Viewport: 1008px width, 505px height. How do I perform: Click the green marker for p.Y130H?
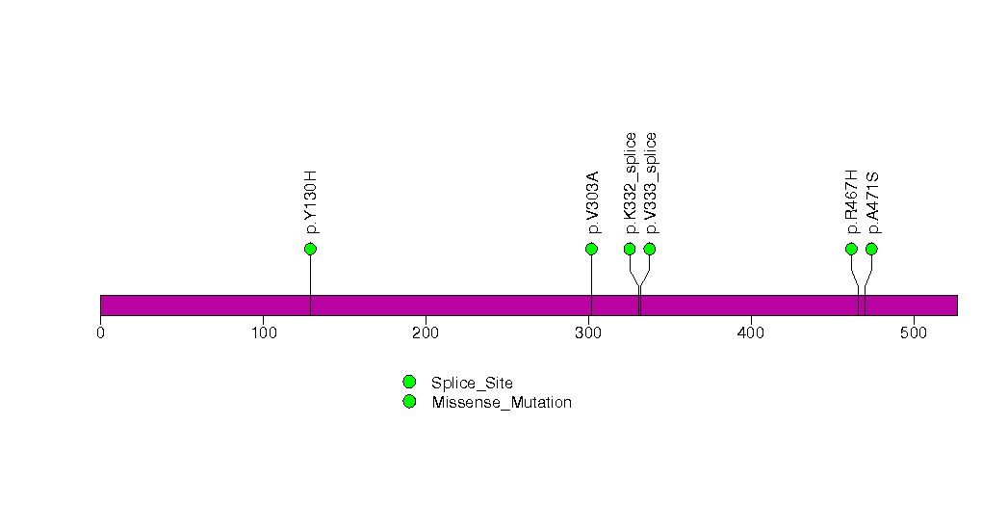click(x=311, y=249)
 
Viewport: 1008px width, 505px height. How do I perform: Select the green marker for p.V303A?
click(x=591, y=249)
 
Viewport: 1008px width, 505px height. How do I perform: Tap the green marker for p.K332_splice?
click(x=630, y=249)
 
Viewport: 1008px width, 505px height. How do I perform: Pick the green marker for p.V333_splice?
click(x=649, y=249)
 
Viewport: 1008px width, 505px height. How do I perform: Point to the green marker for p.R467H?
click(x=851, y=249)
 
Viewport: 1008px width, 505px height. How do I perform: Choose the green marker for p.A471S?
click(x=871, y=249)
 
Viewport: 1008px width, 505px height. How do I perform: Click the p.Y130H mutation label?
click(x=311, y=202)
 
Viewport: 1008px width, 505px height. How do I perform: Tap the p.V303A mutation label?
click(x=592, y=202)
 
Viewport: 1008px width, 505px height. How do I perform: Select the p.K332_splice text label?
click(x=630, y=183)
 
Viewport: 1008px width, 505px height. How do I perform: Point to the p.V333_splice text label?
click(x=650, y=183)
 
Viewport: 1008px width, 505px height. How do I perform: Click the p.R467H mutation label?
click(x=852, y=202)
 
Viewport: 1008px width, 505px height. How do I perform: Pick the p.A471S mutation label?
click(x=871, y=203)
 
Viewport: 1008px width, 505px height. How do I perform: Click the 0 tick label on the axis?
click(x=100, y=332)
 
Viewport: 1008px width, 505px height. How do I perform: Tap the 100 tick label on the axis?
click(x=263, y=332)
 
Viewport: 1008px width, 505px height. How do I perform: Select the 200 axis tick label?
click(x=426, y=332)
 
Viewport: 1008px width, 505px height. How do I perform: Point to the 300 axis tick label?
click(x=588, y=332)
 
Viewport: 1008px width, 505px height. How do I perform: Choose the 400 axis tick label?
click(x=751, y=332)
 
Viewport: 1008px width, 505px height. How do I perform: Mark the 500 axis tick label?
click(x=914, y=332)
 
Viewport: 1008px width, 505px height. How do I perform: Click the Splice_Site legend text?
click(x=472, y=384)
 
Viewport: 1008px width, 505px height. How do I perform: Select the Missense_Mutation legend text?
click(x=502, y=403)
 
